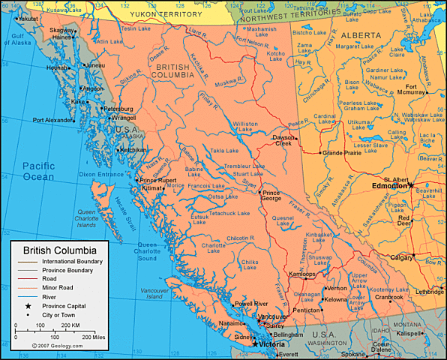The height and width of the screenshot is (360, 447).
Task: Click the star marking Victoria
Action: [255, 343]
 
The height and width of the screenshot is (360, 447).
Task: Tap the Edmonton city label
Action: [388, 186]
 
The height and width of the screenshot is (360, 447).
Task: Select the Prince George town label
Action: [271, 196]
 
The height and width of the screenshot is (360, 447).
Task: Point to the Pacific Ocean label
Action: [38, 171]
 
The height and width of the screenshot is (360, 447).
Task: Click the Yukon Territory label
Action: [166, 14]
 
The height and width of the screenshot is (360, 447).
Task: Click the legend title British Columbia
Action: [59, 250]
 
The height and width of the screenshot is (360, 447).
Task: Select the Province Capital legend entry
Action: [64, 306]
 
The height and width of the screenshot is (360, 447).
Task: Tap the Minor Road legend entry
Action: [58, 288]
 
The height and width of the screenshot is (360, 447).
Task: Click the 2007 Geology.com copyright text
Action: [57, 346]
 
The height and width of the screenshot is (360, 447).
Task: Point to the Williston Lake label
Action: [245, 127]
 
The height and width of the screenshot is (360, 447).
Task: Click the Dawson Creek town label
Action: [283, 140]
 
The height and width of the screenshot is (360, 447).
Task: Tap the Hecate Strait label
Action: [121, 208]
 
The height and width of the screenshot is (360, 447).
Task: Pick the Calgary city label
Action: [402, 257]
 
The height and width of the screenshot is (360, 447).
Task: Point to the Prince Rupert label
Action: [158, 180]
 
